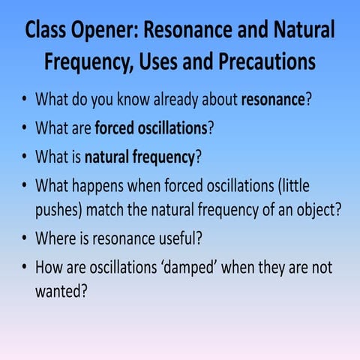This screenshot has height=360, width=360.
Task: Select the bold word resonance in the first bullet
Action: (271, 99)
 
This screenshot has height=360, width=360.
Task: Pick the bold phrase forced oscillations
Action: (151, 127)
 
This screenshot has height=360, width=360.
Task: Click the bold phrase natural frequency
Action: (139, 157)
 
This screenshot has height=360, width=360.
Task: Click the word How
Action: (49, 267)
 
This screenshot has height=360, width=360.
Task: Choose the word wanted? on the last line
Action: (62, 291)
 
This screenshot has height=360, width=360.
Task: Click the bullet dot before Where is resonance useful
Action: (24, 239)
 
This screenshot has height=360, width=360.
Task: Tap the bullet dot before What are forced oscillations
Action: (24, 128)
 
